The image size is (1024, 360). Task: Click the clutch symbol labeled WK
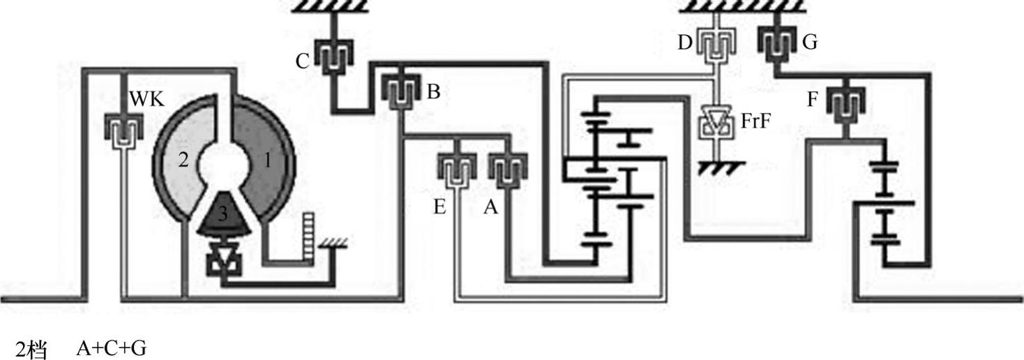pyautogui.click(x=123, y=130)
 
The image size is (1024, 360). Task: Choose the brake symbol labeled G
pyautogui.click(x=775, y=43)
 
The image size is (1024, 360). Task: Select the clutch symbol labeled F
pyautogui.click(x=845, y=103)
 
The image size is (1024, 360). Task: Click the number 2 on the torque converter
pyautogui.click(x=183, y=159)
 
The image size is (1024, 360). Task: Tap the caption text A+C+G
pyautogui.click(x=112, y=347)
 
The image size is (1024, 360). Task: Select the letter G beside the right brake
pyautogui.click(x=809, y=43)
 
